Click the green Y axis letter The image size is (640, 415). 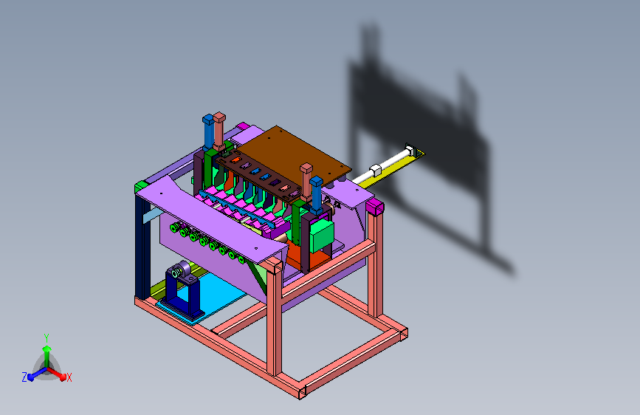click(x=47, y=337)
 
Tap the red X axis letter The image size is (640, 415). click(x=69, y=377)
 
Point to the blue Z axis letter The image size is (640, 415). click(x=24, y=377)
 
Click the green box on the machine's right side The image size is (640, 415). click(x=322, y=236)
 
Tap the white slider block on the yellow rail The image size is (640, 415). click(x=375, y=170)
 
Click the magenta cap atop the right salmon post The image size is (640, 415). click(x=375, y=207)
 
